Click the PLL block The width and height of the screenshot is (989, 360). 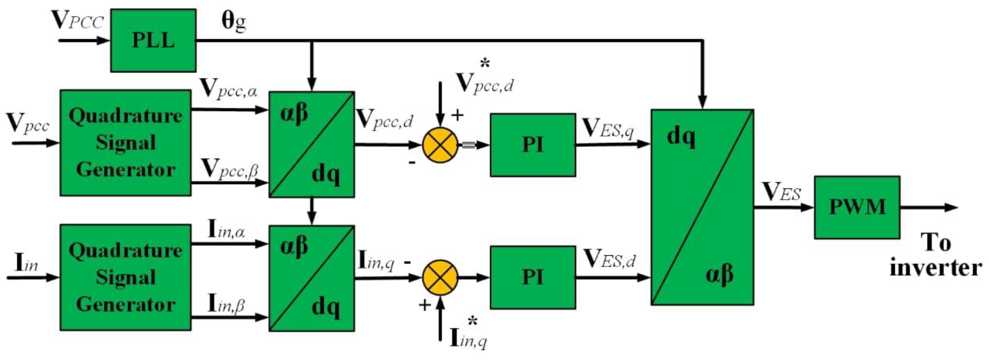pos(153,40)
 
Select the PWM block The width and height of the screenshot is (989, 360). pos(857,207)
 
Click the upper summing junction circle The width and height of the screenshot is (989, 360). pos(440,145)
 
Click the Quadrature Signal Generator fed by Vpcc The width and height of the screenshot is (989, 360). pos(125,143)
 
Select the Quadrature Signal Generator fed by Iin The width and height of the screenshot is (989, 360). pos(125,277)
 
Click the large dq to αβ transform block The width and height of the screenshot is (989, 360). pos(702,207)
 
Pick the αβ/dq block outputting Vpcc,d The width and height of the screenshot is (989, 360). pos(311,144)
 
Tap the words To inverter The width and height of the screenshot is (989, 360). pos(935,255)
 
